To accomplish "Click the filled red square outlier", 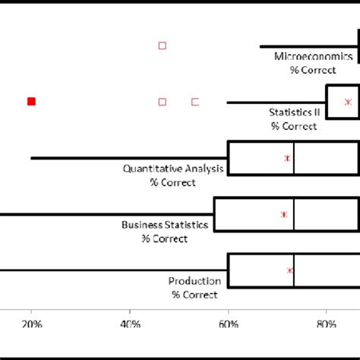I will coord(31,101).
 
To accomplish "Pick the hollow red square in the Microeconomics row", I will coord(162,46).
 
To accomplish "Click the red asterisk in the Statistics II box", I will coord(348,102).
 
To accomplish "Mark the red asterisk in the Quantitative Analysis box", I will coord(287,158).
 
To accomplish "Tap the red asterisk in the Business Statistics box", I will coord(283,215).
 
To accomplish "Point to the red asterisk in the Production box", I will coord(289,270).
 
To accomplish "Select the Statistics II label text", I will coord(295,112).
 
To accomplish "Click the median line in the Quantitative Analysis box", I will coord(294,158).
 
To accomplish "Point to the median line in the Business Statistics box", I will coord(294,214).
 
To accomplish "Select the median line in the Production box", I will coord(294,270).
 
